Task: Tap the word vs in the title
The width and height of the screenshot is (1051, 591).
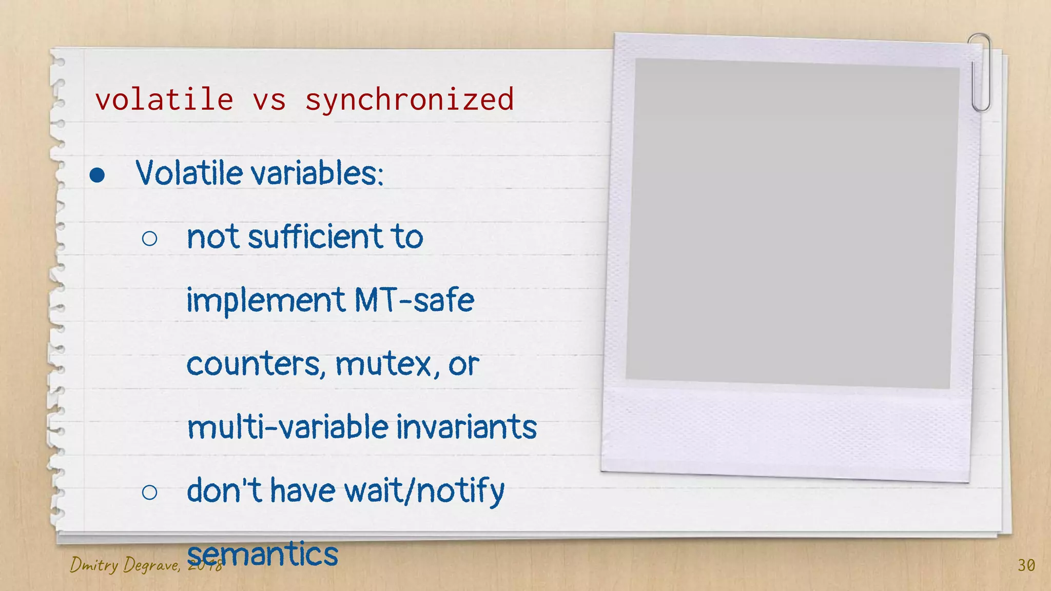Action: click(x=269, y=100)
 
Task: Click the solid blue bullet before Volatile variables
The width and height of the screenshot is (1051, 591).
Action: click(x=97, y=175)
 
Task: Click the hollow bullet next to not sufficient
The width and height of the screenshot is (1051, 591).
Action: click(x=149, y=238)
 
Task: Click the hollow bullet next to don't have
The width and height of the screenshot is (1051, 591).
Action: click(x=149, y=493)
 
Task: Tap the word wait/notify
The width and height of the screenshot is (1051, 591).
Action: click(x=424, y=491)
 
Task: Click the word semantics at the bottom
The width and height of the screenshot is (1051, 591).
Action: click(x=262, y=554)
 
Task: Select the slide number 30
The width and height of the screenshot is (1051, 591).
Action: click(x=1026, y=565)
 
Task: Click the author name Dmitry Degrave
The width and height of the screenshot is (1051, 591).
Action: click(x=124, y=565)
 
